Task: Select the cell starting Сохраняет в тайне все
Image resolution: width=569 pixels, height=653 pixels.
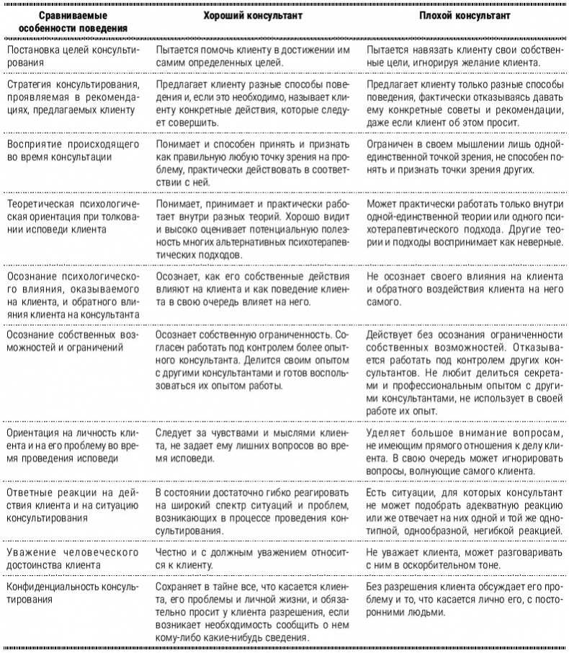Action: pos(253,613)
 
